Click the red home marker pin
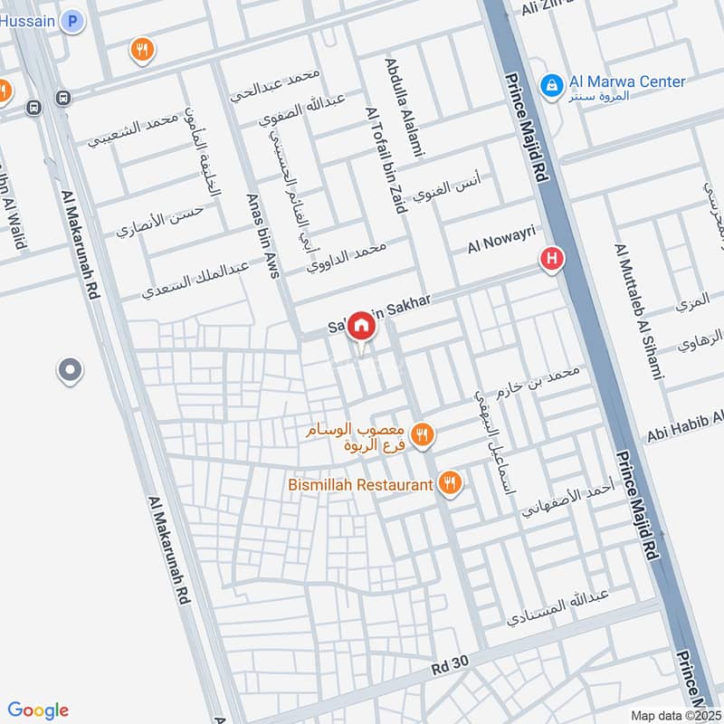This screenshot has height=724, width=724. (x=360, y=326)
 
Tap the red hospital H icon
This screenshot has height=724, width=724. (x=551, y=261)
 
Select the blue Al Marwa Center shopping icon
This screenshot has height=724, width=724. (x=549, y=85)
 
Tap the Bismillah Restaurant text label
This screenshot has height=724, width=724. (x=360, y=485)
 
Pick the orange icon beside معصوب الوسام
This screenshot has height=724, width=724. (x=421, y=436)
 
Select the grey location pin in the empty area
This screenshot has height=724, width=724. (x=69, y=371)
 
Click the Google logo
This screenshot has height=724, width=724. (x=38, y=710)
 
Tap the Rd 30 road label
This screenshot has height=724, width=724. (x=449, y=663)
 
